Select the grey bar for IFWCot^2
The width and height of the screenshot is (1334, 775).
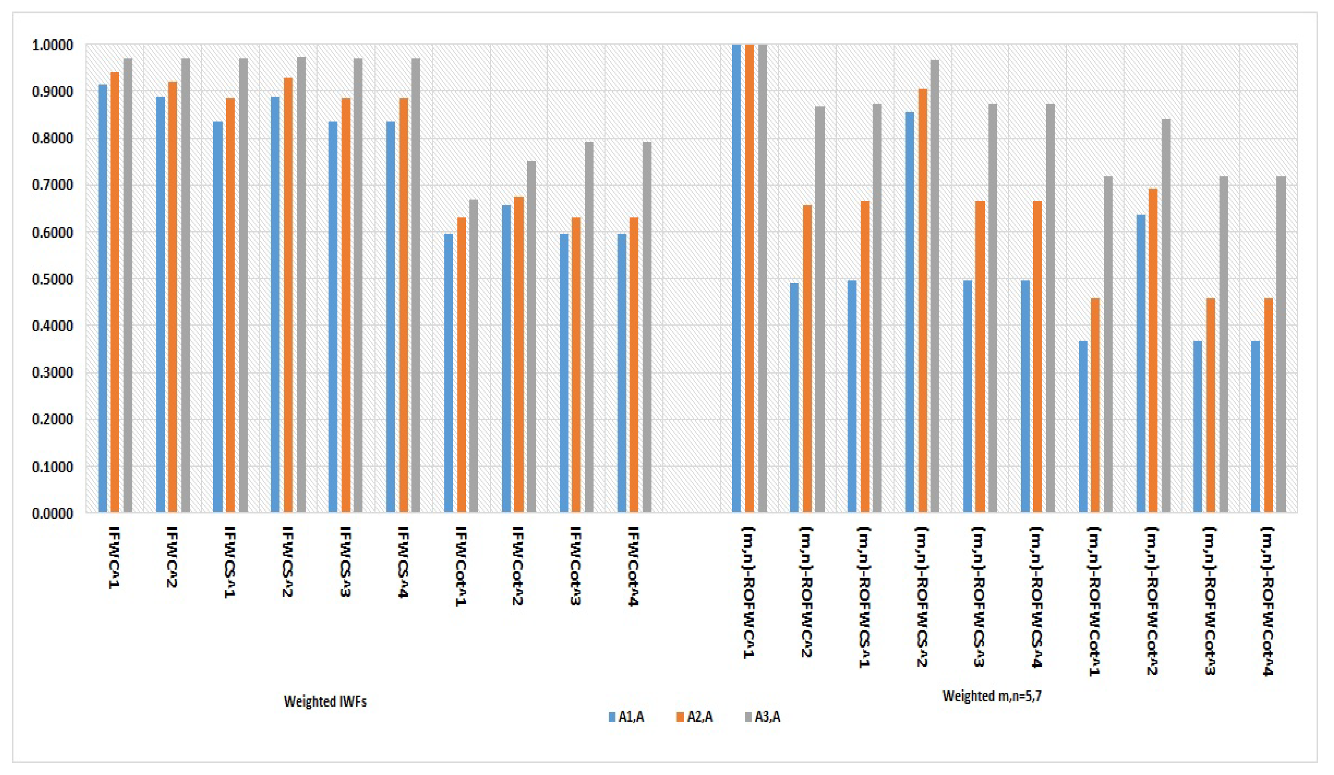tap(531, 336)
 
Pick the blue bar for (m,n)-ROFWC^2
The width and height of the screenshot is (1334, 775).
tap(794, 397)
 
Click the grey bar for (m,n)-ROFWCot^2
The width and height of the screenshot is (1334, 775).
tap(1166, 315)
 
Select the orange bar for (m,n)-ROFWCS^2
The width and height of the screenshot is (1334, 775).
tap(923, 300)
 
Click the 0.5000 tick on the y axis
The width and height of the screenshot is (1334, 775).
tap(52, 279)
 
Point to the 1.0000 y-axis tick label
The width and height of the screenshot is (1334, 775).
tap(52, 46)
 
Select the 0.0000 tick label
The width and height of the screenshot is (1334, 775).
tap(52, 514)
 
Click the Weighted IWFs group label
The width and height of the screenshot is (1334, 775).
tap(325, 702)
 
